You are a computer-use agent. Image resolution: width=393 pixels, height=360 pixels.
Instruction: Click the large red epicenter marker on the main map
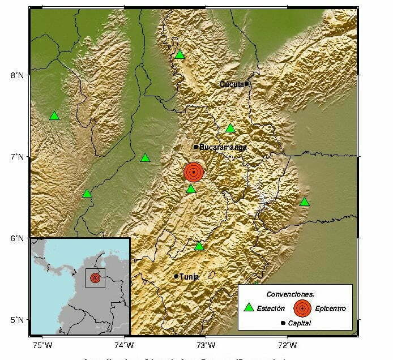point(193,172)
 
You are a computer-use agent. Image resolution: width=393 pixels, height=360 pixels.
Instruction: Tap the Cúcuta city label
point(232,84)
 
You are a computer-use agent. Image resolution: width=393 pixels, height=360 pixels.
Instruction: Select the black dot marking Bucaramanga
point(196,147)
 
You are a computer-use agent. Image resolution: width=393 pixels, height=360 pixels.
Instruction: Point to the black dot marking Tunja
point(176,276)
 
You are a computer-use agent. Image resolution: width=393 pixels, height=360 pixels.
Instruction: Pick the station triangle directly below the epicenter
point(191,189)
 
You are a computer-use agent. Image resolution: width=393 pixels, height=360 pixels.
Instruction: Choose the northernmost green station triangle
point(180,55)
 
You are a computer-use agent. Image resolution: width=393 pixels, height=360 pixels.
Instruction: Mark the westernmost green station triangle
point(54,116)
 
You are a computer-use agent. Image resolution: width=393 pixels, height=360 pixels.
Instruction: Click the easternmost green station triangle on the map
point(305,202)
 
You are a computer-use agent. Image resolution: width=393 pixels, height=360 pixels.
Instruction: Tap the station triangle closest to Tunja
point(199,246)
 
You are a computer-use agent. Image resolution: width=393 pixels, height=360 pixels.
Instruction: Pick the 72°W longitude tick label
point(288,345)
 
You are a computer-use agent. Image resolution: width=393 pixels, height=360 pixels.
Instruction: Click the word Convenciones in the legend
point(291,294)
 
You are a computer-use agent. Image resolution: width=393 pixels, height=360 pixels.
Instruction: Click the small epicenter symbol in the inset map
point(95,278)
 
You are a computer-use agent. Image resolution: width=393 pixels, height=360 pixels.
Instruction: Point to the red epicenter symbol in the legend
point(302,308)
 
